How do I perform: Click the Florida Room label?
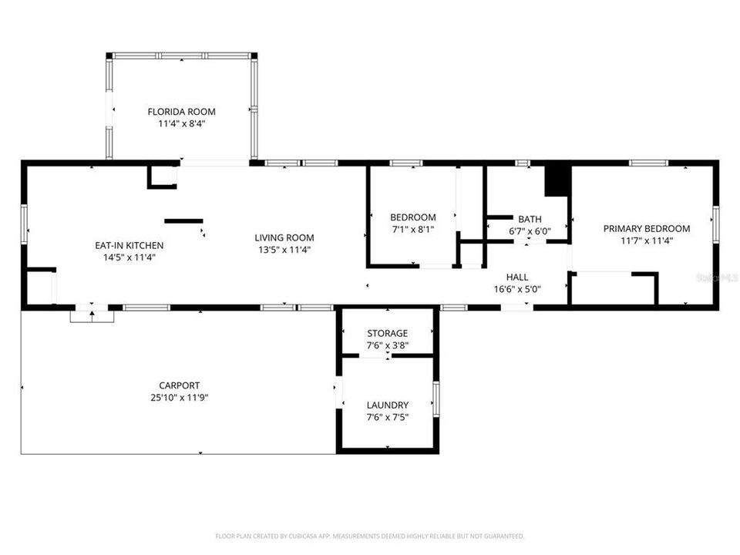[181, 112]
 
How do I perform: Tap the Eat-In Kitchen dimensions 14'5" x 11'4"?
[129, 257]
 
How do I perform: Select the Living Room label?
[284, 237]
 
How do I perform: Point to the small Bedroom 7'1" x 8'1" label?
[412, 217]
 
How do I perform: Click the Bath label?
[530, 219]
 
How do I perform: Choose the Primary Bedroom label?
[646, 228]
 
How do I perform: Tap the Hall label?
[517, 277]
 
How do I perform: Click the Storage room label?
[387, 333]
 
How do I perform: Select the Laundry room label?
[387, 405]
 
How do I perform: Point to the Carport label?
[179, 385]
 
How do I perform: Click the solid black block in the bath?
[556, 181]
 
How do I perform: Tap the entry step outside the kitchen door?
[92, 315]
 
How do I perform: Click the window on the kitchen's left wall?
[24, 223]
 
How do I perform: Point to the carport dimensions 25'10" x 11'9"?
[179, 398]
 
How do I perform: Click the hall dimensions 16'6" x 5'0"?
[517, 290]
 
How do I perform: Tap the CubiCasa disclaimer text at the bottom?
[369, 536]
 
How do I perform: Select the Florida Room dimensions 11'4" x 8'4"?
[181, 123]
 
